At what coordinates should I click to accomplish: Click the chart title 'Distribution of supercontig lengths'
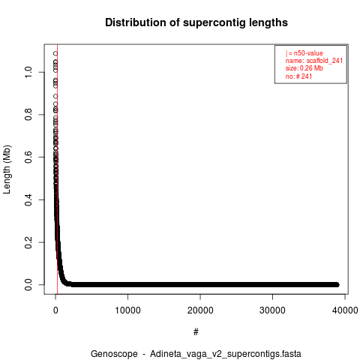[x=196, y=22]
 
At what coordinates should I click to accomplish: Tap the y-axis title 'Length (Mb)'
[x=7, y=169]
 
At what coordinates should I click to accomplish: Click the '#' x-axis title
[x=196, y=332]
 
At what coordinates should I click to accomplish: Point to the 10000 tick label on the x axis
[x=127, y=310]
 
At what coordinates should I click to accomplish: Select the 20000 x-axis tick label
[x=200, y=310]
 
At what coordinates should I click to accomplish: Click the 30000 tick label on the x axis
[x=272, y=310]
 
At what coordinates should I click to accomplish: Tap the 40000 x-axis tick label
[x=345, y=310]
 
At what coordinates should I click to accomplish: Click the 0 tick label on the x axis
[x=55, y=310]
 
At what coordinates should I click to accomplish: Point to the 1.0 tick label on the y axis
[x=28, y=72]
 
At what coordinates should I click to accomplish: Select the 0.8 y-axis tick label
[x=28, y=115]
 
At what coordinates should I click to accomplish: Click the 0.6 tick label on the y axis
[x=28, y=157]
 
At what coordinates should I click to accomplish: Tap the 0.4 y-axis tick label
[x=28, y=199]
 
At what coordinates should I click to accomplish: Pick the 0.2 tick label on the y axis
[x=28, y=242]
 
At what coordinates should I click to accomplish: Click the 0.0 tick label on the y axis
[x=28, y=285]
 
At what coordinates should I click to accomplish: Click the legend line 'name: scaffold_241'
[x=314, y=61]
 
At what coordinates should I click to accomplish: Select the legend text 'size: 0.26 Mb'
[x=304, y=68]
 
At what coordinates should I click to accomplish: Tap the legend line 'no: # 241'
[x=298, y=76]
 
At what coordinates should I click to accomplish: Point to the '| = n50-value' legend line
[x=304, y=53]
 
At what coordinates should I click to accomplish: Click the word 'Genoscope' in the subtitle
[x=114, y=354]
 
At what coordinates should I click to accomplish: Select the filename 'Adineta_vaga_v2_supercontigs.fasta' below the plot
[x=226, y=354]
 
